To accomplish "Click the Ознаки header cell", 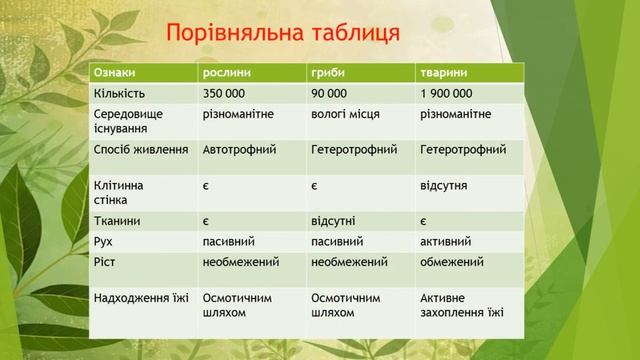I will (115, 73).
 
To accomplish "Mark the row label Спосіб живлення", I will (140, 150).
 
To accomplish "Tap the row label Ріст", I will (104, 262).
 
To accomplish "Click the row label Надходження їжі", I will (140, 298).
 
